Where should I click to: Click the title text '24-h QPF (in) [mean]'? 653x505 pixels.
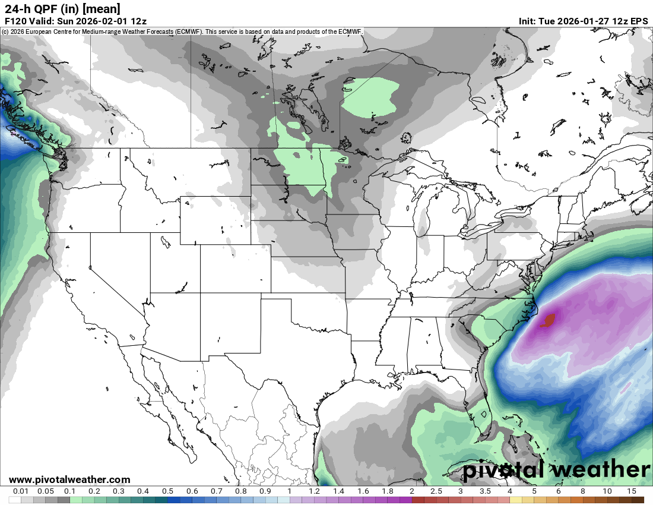point(62,8)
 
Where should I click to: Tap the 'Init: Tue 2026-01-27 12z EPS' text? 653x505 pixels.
point(583,21)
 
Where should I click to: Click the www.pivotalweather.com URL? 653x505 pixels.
point(69,479)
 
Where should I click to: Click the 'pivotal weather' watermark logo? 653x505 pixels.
point(556,470)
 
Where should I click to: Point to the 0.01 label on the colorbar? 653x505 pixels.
point(21,491)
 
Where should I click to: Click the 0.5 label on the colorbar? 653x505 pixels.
point(167,491)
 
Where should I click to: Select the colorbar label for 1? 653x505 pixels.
point(290,491)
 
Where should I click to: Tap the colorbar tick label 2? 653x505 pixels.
point(411,491)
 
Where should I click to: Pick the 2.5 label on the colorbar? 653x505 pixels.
point(436,491)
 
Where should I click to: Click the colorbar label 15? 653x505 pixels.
point(631,491)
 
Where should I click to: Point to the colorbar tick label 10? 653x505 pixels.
point(607,491)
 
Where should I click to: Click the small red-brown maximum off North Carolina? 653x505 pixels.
point(548,321)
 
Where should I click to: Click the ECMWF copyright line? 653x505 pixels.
point(181,31)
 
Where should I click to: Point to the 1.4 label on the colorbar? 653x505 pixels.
point(338,491)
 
